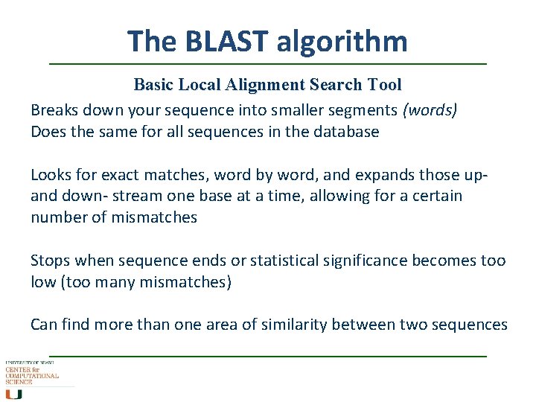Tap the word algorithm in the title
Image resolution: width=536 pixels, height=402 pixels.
tap(342, 42)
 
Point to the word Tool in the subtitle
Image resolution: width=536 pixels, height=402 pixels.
tap(384, 85)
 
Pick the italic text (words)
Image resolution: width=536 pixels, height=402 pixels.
tap(430, 110)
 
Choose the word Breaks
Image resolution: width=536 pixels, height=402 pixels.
tap(55, 110)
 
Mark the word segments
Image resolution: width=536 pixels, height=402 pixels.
tap(363, 111)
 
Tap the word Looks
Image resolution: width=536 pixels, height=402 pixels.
tap(51, 175)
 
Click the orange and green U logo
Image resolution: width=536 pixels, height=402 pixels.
tap(14, 394)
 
